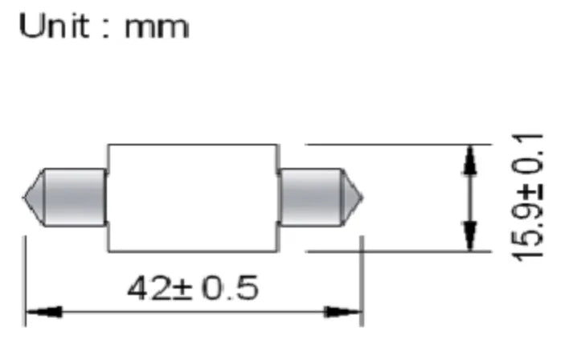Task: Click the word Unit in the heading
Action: click(54, 26)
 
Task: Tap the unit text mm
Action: click(157, 27)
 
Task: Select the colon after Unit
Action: click(106, 27)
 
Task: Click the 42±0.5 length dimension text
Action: click(193, 288)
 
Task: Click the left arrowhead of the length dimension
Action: click(44, 312)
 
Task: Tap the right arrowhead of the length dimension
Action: click(342, 312)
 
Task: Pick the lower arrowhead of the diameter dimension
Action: click(470, 235)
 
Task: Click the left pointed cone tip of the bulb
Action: click(23, 198)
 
